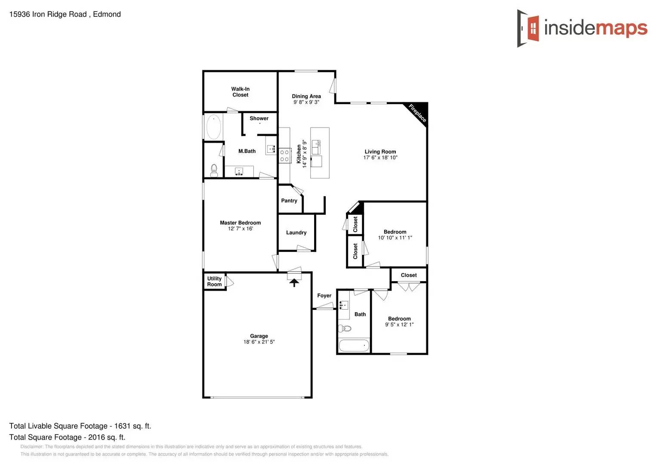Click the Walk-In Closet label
240,92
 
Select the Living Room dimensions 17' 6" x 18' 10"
380,158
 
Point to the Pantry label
289,201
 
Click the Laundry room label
296,232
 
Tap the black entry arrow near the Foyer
294,282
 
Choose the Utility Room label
214,282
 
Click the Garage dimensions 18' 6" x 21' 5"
259,342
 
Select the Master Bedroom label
240,223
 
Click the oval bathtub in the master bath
213,127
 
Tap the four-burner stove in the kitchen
284,155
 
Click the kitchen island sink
316,146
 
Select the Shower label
259,118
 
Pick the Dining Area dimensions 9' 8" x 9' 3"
306,102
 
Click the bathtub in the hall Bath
354,345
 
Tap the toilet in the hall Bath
345,329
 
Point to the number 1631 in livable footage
122,426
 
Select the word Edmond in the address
107,14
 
